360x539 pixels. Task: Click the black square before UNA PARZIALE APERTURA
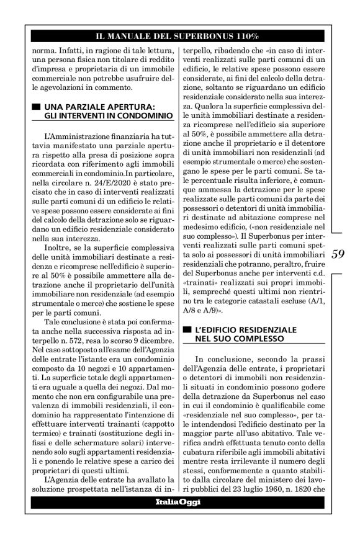[37, 107]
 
